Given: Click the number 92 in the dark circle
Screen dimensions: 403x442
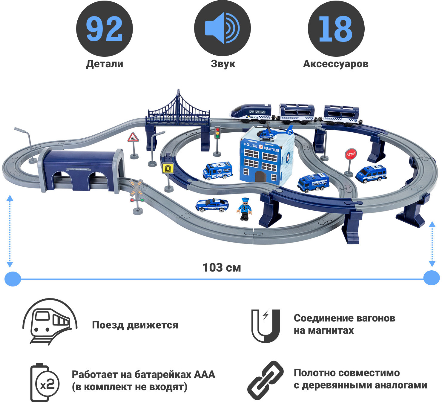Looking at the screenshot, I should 104,29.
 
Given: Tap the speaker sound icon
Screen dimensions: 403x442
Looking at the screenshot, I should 222,28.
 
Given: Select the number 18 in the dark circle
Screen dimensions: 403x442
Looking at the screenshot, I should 336,29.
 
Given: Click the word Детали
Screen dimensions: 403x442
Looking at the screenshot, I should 105,64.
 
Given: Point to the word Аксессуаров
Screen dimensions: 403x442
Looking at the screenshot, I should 336,64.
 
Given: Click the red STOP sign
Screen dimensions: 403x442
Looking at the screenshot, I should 351,154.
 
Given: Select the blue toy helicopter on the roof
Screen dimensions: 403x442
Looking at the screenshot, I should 273,133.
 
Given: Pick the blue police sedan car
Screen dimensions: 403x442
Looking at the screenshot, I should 212,205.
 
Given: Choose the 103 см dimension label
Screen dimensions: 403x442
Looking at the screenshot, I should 222,267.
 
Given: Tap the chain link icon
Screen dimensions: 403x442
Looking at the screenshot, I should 265,380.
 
